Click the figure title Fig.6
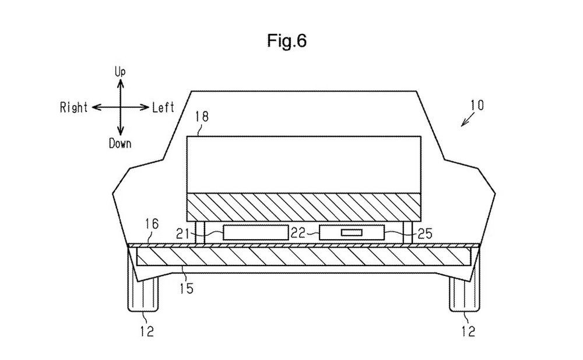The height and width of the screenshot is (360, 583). tap(287, 41)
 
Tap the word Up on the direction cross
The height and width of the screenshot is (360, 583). tap(120, 72)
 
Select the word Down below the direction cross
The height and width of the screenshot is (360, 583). tap(120, 144)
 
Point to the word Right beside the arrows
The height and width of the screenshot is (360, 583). tap(73, 107)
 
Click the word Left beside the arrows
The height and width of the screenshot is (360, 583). tap(164, 107)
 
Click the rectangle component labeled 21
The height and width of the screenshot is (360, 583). tap(255, 232)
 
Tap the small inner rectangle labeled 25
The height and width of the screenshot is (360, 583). tap(351, 233)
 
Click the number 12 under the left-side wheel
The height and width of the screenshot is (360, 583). tap(147, 332)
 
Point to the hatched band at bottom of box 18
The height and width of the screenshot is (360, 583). tap(303, 207)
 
